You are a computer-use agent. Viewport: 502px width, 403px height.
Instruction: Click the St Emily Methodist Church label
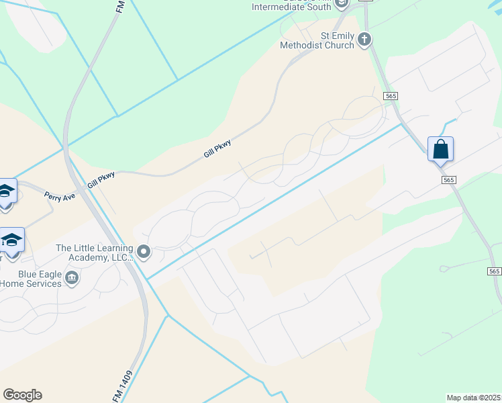coord(317,41)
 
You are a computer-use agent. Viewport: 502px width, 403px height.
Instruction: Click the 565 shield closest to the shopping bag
coord(449,179)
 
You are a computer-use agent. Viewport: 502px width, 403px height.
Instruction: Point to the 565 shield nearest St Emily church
coord(391,97)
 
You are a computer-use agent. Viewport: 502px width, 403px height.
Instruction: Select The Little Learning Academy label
coord(95,253)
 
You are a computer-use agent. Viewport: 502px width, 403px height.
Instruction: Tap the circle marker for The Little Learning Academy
coord(144,252)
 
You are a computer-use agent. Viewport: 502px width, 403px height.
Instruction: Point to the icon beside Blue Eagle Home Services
coord(72,275)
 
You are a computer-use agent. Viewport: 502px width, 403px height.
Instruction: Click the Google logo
coord(22,395)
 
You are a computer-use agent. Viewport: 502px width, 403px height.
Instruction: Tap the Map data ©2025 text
coord(473,398)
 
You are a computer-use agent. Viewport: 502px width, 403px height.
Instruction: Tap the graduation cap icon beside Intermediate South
coord(342,4)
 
